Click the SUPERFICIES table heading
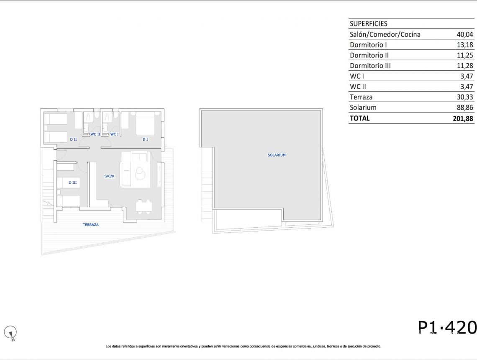click(x=368, y=24)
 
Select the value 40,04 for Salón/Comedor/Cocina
click(x=464, y=34)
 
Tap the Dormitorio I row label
click(x=368, y=45)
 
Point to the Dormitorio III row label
click(x=370, y=66)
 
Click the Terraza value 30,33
click(x=464, y=97)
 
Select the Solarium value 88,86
click(x=464, y=108)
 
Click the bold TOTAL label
click(x=359, y=118)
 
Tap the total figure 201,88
click(x=463, y=118)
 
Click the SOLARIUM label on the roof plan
click(x=277, y=155)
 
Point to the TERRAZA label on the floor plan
click(x=91, y=225)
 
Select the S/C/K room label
click(x=109, y=176)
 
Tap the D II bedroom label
click(x=73, y=139)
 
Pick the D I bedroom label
click(x=145, y=139)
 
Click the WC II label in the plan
click(x=95, y=134)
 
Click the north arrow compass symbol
click(x=10, y=333)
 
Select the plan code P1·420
click(x=447, y=327)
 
